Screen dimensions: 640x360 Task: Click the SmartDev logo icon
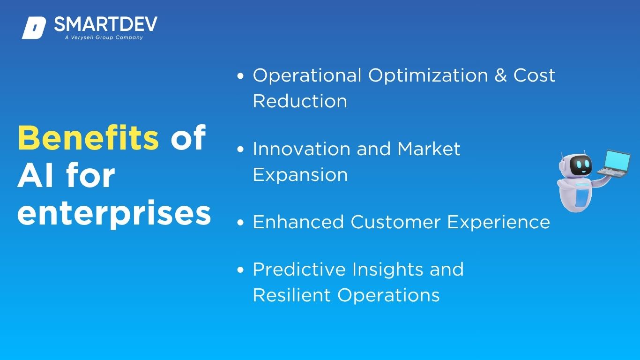coord(34,28)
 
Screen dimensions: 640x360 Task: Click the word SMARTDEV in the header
coord(106,24)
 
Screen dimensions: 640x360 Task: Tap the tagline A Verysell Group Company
coord(104,37)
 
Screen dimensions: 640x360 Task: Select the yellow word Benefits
coord(88,137)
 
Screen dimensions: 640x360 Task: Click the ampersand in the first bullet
coord(500,75)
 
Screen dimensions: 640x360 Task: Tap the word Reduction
coord(300,101)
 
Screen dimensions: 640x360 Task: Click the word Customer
coord(396,222)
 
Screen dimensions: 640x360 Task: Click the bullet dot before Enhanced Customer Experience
coord(240,223)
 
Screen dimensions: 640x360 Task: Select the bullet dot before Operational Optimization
coord(240,76)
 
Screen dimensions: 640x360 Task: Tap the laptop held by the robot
coord(614,163)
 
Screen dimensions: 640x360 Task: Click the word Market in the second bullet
coord(429,149)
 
